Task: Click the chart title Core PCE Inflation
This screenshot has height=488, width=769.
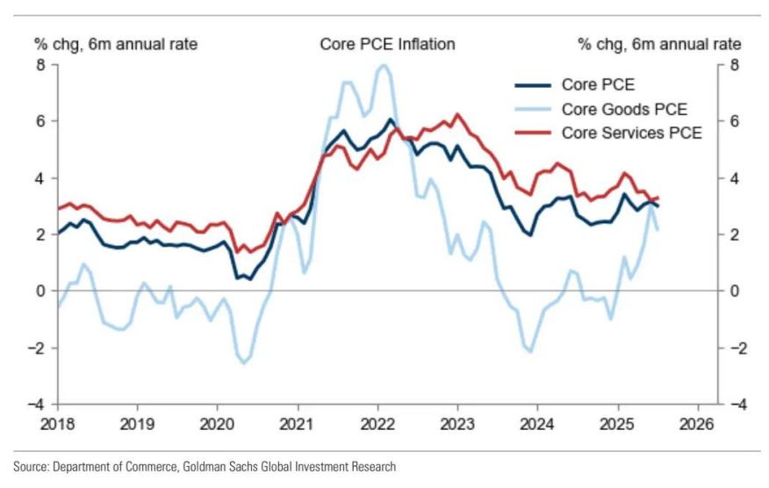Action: pos(387,44)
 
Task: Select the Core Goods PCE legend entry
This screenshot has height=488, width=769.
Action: pos(624,110)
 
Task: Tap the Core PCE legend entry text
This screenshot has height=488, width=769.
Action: pos(598,86)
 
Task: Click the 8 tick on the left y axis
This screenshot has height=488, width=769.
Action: pos(40,65)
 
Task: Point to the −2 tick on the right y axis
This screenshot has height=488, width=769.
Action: pos(737,348)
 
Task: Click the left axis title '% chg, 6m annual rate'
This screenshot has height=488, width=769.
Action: pos(115,44)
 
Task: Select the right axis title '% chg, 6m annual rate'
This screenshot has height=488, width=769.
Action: pos(659,44)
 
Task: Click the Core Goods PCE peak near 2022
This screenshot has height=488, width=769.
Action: pos(382,66)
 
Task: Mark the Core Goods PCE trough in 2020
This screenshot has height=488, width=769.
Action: pos(243,362)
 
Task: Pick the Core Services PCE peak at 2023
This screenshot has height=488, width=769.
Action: pos(456,115)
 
